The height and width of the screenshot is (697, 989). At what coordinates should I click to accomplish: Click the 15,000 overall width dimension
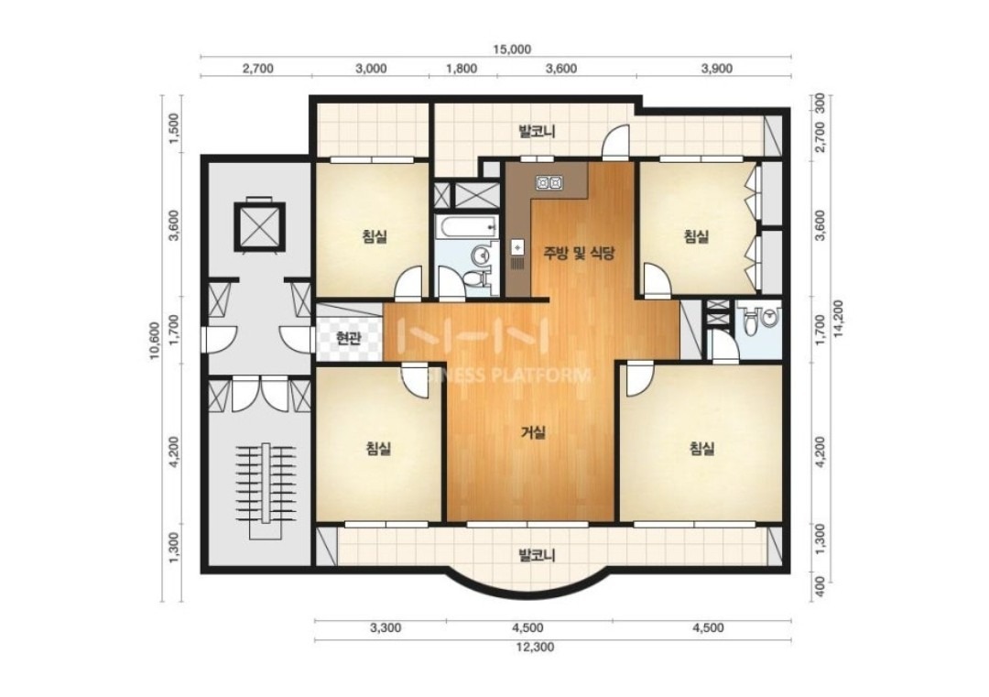point(513,49)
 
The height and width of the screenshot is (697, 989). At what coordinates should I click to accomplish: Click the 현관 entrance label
point(348,339)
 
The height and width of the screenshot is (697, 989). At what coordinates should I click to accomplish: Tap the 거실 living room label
point(534,432)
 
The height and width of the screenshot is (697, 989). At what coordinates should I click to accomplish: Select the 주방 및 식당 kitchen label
point(579,254)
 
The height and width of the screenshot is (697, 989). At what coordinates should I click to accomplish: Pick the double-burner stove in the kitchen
point(549,183)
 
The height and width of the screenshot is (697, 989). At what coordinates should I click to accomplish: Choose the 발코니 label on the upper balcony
point(536,132)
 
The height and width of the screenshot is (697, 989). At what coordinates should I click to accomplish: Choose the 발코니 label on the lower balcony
point(536,556)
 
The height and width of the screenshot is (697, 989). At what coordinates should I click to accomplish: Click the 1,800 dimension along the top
point(462,69)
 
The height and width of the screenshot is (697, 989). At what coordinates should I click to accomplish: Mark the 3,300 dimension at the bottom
point(386,628)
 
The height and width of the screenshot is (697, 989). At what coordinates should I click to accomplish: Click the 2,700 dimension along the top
point(258,69)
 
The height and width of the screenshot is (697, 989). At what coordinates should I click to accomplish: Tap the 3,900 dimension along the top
point(717,69)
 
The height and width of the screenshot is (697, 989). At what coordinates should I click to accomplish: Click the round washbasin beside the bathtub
point(482,255)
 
